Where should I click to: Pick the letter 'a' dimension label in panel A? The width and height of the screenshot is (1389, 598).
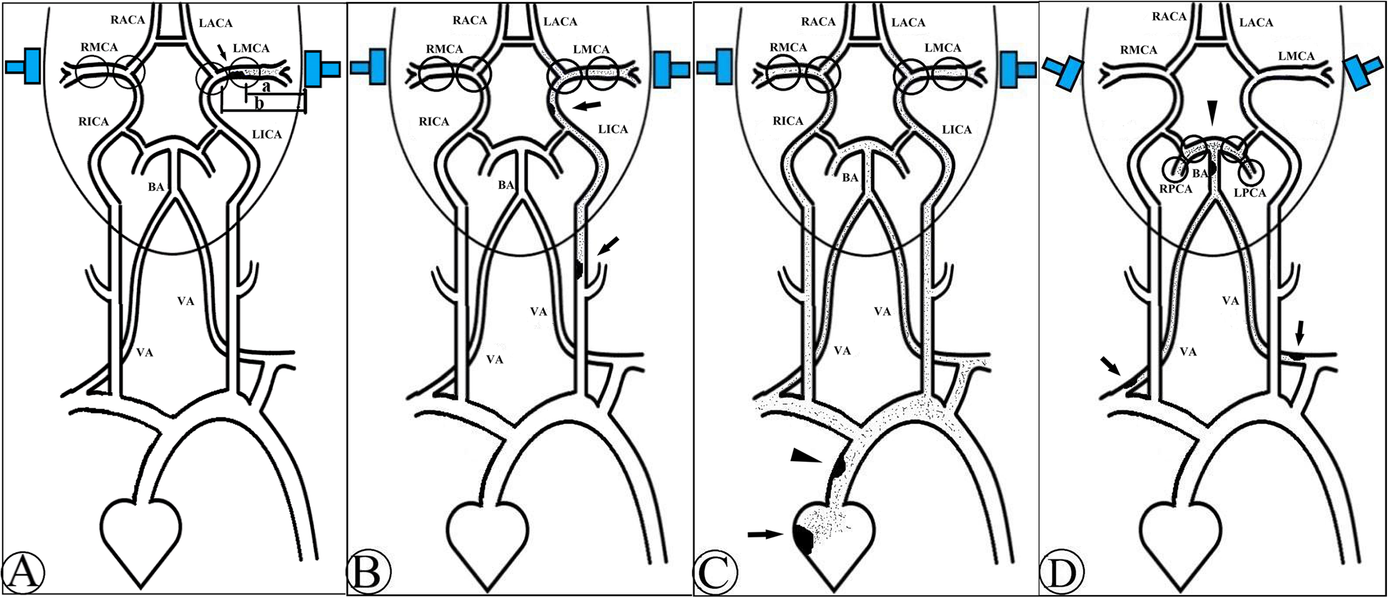(x=266, y=87)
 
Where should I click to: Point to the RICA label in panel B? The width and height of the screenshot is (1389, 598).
(x=433, y=122)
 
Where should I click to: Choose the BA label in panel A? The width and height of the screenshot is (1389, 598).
(x=156, y=187)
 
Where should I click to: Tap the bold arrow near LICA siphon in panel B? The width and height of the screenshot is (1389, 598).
(x=587, y=106)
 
